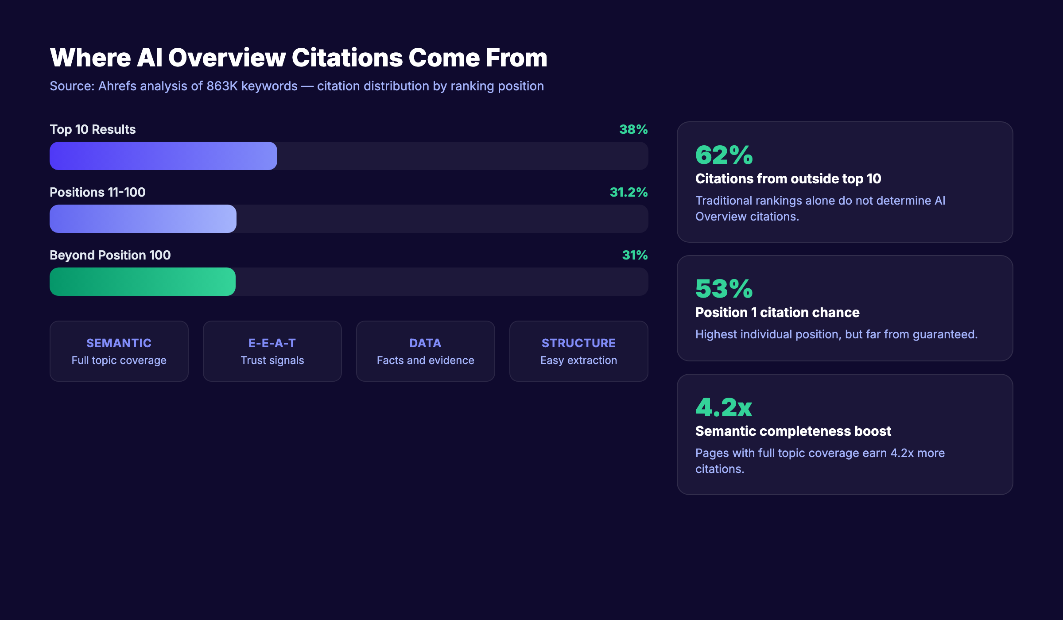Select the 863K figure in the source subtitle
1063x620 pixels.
point(222,86)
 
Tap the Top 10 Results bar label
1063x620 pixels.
point(93,129)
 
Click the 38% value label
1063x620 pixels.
point(633,129)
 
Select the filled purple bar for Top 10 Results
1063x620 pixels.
point(163,156)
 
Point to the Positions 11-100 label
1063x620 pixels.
point(97,192)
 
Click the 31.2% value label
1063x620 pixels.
point(628,192)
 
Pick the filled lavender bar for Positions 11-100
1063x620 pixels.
point(143,219)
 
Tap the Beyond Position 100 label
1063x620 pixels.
point(110,255)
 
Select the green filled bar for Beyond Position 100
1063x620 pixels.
point(142,282)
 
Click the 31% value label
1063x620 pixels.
point(634,255)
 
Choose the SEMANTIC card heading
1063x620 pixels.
point(119,343)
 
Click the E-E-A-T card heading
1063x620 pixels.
point(272,343)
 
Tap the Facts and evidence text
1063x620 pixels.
point(425,360)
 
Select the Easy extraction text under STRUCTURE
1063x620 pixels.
point(578,360)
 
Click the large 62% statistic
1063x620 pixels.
point(724,155)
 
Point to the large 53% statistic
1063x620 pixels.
point(724,289)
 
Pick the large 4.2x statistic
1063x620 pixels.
point(724,408)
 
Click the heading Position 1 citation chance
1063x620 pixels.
point(777,313)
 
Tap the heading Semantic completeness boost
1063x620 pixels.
point(793,431)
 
